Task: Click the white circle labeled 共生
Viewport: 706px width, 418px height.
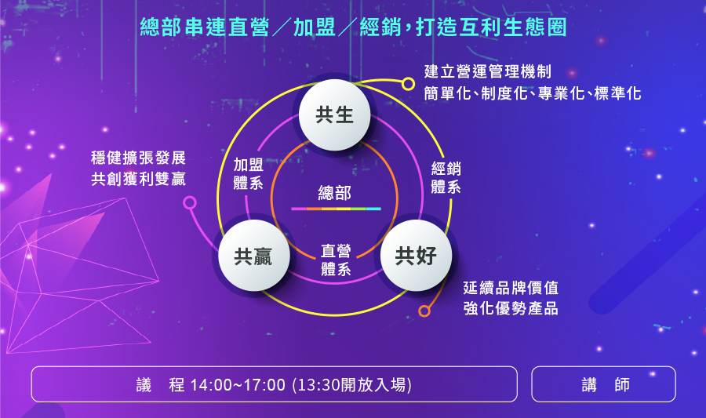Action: (334, 114)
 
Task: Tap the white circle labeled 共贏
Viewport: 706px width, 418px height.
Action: (254, 256)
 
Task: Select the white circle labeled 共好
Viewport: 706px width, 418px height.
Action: (416, 256)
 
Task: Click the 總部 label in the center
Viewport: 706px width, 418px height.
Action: (334, 193)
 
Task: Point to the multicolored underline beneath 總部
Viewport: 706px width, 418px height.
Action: (336, 209)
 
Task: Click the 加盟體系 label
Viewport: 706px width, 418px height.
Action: (249, 173)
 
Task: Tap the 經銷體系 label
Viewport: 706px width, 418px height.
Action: (446, 177)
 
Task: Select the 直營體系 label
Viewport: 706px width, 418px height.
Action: (336, 260)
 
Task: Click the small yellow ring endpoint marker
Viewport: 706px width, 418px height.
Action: (409, 84)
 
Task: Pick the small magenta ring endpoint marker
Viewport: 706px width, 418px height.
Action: (190, 203)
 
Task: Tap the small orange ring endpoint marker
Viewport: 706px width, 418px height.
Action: (424, 311)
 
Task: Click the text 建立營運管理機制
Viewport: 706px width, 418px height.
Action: (488, 71)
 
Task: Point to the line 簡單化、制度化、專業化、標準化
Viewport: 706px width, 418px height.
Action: (533, 93)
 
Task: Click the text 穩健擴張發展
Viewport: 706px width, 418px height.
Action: (138, 158)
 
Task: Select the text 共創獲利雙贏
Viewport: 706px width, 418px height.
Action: (138, 179)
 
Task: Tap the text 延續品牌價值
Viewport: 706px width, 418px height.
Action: (511, 288)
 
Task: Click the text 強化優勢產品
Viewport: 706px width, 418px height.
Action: (511, 309)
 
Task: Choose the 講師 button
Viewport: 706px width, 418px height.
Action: (604, 384)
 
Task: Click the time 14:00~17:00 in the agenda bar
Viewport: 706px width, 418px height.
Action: (238, 385)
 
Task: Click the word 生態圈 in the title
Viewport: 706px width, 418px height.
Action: (535, 27)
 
